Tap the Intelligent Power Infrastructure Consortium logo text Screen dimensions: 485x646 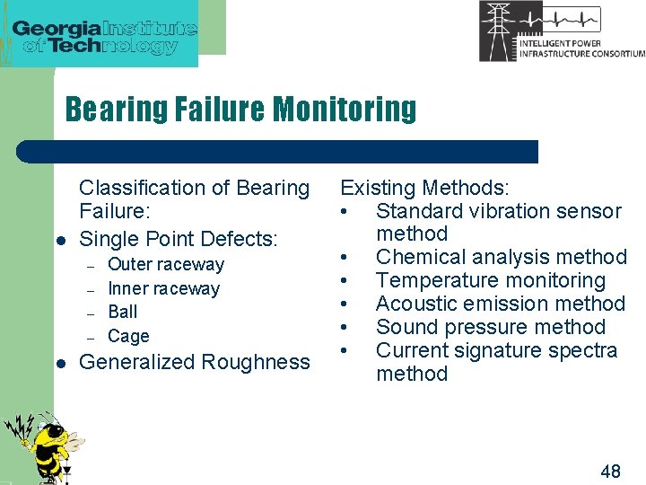pos(581,48)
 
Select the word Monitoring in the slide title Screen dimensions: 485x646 pos(345,109)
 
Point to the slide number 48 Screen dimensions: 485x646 pos(609,471)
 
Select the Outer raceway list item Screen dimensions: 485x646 pos(165,265)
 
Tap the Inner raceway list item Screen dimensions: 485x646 pos(163,288)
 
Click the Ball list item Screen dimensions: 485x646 pos(122,312)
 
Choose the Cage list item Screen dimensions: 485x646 pos(128,336)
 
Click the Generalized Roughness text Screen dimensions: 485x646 pos(195,362)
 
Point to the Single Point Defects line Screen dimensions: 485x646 pos(179,239)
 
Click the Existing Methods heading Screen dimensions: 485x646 pos(423,188)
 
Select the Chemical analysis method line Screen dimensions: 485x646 pos(501,258)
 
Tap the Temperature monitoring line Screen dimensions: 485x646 pos(490,281)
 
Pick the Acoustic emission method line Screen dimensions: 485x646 pos(500,304)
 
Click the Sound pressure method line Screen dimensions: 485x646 pos(490,328)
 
